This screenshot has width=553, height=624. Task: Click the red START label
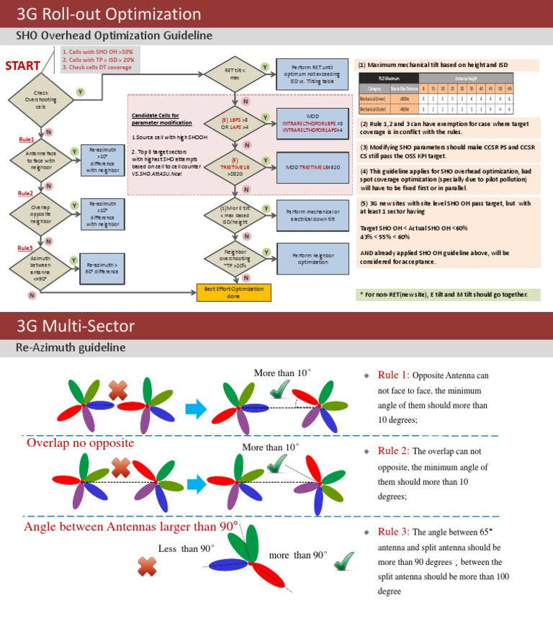point(23,66)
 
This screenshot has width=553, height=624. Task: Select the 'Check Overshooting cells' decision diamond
point(41,99)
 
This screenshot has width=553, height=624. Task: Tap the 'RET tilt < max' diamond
point(234,73)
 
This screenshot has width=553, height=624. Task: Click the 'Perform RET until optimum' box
point(308,73)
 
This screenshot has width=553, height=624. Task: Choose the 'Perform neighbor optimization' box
point(308,259)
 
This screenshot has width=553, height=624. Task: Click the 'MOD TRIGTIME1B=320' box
point(308,167)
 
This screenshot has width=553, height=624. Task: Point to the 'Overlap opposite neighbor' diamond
point(41,214)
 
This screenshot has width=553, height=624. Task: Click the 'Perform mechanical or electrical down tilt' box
point(308,215)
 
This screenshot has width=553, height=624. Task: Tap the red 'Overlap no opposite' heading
point(80,442)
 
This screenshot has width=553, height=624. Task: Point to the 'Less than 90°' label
point(186,548)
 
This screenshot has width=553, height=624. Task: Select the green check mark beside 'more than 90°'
point(343,560)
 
